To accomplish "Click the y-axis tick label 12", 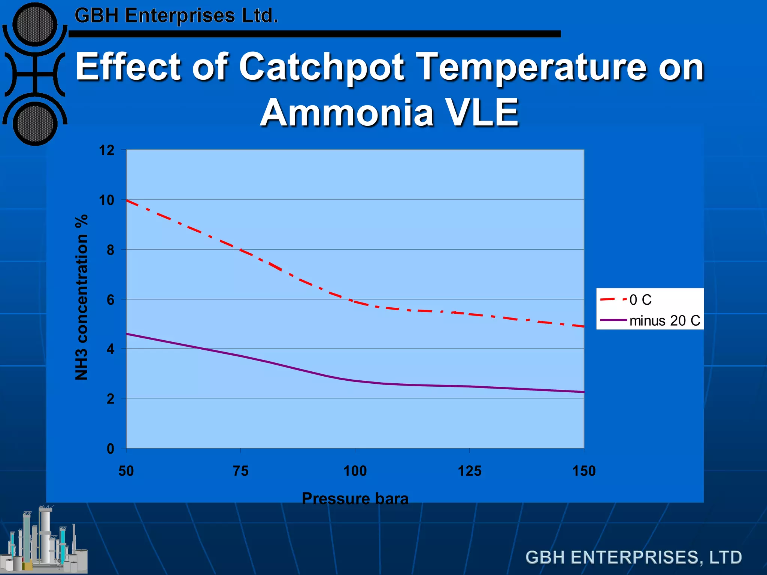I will (x=107, y=150).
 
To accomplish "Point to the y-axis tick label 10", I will (x=107, y=200).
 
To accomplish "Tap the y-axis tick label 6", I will (x=110, y=300).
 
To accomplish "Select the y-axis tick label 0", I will (x=110, y=448).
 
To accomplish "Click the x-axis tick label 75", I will (x=240, y=471).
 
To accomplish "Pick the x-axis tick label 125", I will (x=470, y=471).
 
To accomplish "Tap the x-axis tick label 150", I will (x=584, y=471).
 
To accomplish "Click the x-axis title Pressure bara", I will (x=355, y=499).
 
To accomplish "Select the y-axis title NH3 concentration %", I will (x=81, y=298).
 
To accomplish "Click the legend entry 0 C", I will (x=640, y=300).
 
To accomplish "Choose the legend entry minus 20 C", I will (x=665, y=321).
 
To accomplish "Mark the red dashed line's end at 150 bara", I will (x=583, y=326).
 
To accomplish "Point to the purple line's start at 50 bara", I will (x=127, y=334).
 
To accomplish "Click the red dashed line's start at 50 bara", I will (x=127, y=200).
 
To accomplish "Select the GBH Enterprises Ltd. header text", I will (x=176, y=16).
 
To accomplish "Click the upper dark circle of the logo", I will (x=35, y=25).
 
